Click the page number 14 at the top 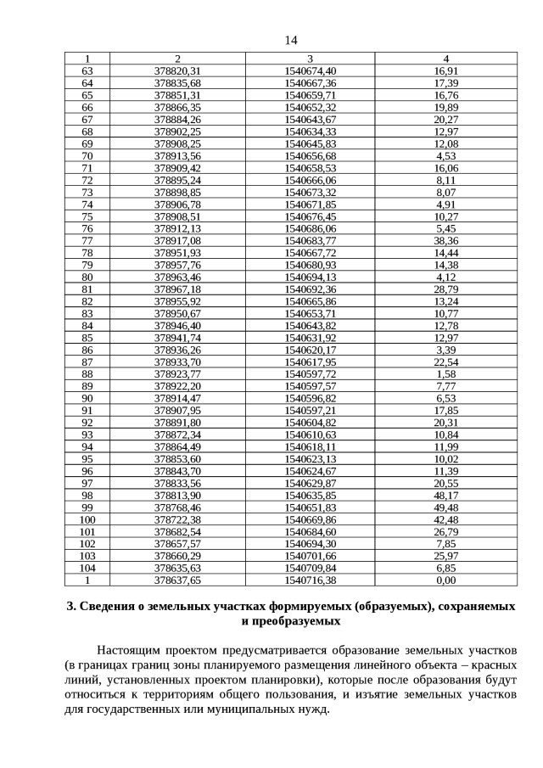pyautogui.click(x=291, y=41)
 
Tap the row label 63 pyautogui.click(x=87, y=70)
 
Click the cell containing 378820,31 pyautogui.click(x=177, y=70)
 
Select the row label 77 pyautogui.click(x=87, y=241)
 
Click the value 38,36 pyautogui.click(x=445, y=241)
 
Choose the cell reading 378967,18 pyautogui.click(x=177, y=289)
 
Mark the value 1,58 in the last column pyautogui.click(x=445, y=374)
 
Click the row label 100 pyautogui.click(x=87, y=519)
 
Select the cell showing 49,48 pyautogui.click(x=445, y=507)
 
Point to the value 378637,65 pyautogui.click(x=177, y=580)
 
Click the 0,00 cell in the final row pyautogui.click(x=445, y=580)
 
